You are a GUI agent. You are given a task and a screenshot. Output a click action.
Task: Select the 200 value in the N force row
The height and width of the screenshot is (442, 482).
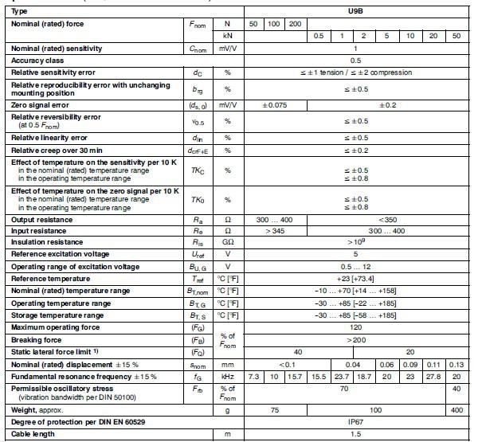[x=295, y=25]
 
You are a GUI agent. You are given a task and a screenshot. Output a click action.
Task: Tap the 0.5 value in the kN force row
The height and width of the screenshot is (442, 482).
[x=319, y=37]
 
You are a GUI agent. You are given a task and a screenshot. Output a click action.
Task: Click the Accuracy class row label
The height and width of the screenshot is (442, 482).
[x=36, y=61]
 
